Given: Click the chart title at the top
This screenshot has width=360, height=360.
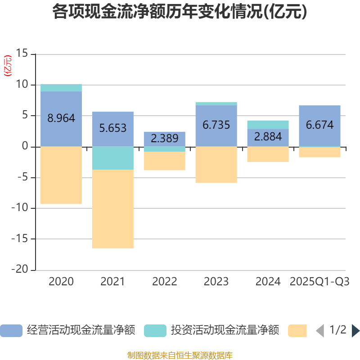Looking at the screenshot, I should click(x=180, y=12).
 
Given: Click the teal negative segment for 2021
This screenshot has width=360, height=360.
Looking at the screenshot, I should click(x=112, y=158).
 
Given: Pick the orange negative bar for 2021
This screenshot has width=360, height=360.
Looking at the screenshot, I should click(x=112, y=209).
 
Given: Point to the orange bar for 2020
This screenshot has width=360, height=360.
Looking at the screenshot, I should click(x=61, y=175).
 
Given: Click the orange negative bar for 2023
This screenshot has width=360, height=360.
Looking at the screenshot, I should click(x=216, y=165).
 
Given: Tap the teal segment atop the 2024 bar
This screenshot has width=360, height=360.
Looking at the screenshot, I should click(x=268, y=125).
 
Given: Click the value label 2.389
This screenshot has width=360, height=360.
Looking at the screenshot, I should click(x=165, y=139).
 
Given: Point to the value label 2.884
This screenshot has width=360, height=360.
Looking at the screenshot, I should click(x=268, y=136).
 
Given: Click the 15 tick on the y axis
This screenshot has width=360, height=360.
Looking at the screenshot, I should click(x=22, y=54).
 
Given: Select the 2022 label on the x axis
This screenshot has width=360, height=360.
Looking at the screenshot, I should click(x=165, y=282).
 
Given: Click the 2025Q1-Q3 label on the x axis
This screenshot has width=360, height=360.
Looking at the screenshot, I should click(x=319, y=282).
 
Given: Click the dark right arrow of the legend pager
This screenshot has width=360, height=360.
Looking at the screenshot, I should click(x=355, y=331).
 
